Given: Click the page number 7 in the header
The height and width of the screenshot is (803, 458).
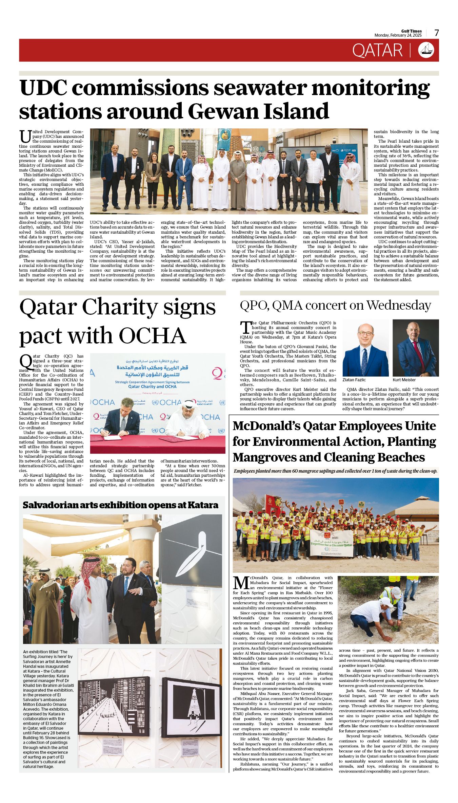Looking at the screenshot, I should coord(437,33).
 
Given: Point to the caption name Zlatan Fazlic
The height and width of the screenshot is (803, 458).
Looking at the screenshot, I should coord(354,380).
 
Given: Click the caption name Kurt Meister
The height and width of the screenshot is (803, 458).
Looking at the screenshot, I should coord(404,380).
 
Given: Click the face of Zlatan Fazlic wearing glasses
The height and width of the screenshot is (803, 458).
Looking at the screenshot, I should coord(365,334).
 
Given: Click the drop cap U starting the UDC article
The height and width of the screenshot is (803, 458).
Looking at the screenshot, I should coord(25,136).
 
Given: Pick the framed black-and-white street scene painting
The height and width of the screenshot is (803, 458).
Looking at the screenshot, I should coord(114,707).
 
